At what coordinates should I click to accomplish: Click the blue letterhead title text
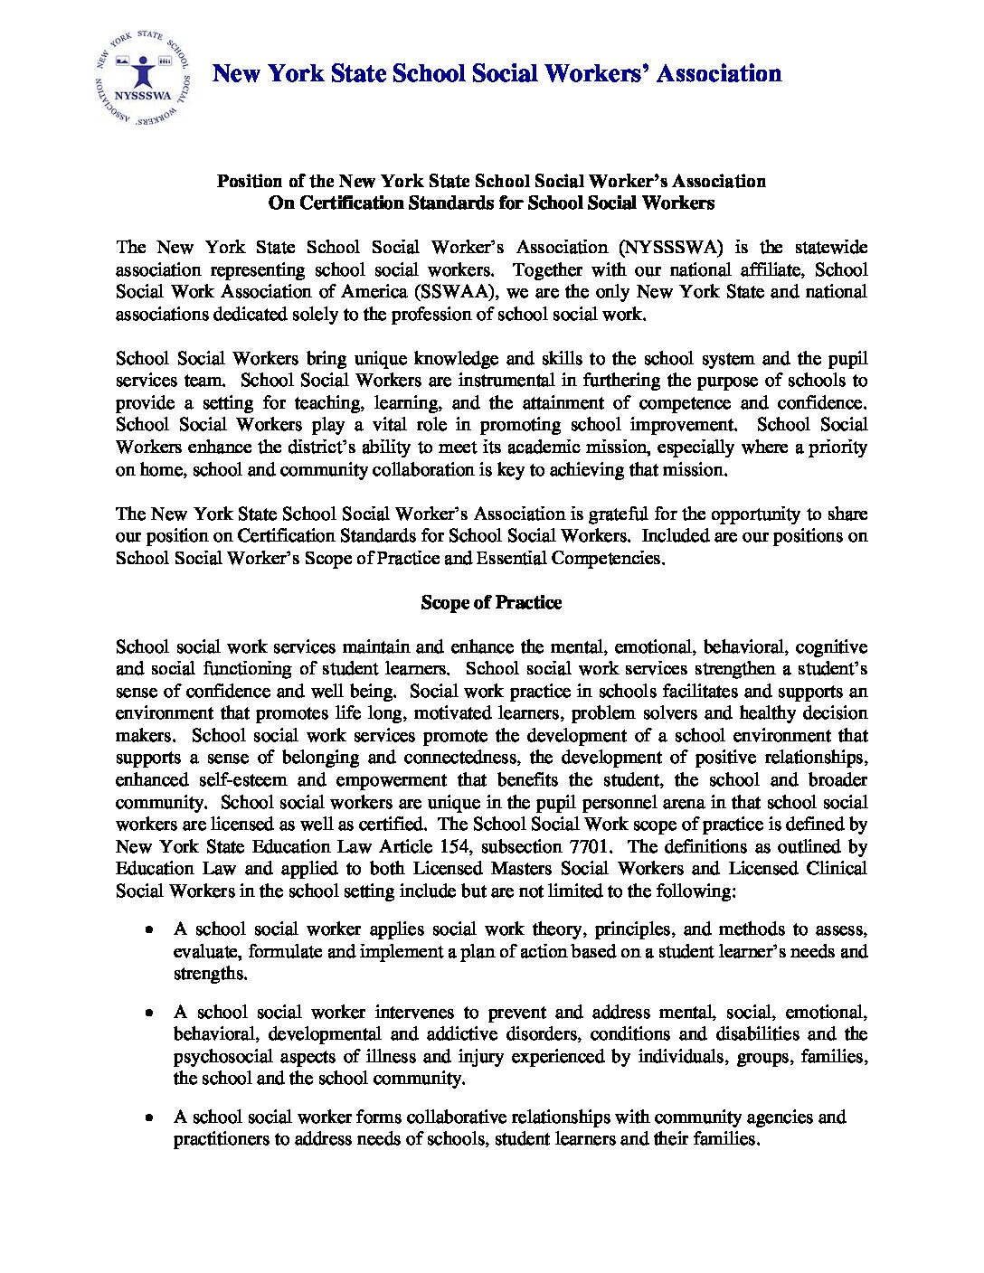click(497, 73)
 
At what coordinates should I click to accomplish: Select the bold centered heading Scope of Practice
click(491, 603)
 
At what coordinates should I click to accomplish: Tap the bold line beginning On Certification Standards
click(491, 203)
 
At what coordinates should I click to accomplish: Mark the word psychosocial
click(224, 1057)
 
